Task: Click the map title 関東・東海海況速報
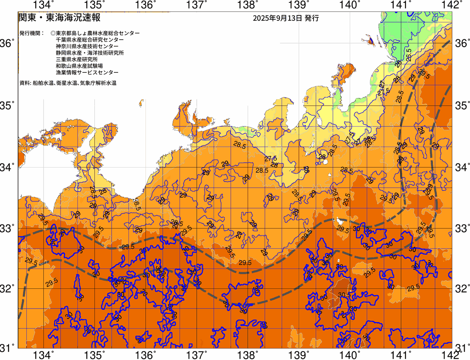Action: click(59, 18)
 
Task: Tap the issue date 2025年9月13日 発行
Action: click(286, 18)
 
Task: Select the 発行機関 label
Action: click(32, 33)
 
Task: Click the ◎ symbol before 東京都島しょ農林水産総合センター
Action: click(53, 33)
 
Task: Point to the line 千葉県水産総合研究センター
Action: click(90, 40)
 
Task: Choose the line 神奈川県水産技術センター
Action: click(87, 46)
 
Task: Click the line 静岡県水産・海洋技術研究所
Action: click(90, 53)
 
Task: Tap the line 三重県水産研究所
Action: click(77, 60)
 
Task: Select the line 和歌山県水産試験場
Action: click(79, 66)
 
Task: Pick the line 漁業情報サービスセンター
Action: click(87, 73)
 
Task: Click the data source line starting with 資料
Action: click(68, 83)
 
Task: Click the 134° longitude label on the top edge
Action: click(44, 5)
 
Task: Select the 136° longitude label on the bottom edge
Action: click(145, 355)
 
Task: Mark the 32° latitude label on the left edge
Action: click(7, 288)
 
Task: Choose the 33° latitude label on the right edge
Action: click(462, 228)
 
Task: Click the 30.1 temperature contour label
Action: click(344, 295)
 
